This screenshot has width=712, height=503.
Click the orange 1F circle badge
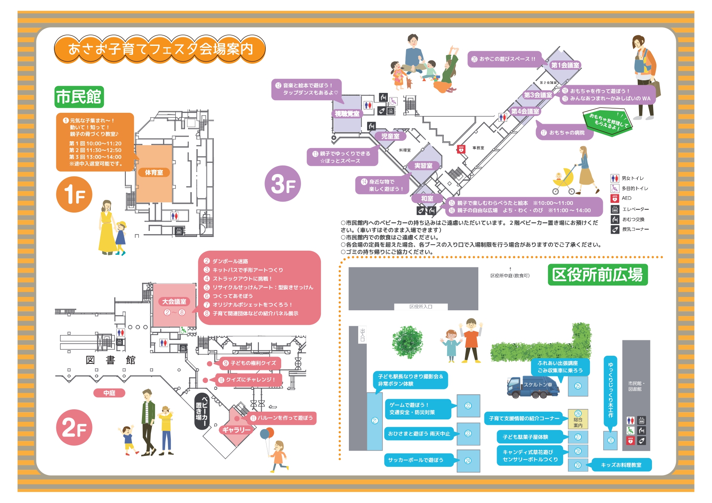pos(74,194)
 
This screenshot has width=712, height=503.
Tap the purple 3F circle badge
pos(282,183)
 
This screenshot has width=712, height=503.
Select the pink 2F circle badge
pos(74,428)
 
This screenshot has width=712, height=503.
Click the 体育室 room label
pos(154,172)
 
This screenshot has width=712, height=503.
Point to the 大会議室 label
pos(174,301)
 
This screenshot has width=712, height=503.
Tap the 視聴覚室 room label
pos(347,114)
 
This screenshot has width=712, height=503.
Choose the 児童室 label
pos(390,136)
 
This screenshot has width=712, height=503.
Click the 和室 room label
pos(427,198)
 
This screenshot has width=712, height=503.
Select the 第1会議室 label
pos(565,65)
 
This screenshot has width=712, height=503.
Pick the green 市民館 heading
pos(79,97)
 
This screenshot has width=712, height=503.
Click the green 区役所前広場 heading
pos(597,275)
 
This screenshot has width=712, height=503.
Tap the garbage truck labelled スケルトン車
pos(532,387)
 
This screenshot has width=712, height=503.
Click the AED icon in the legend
pos(615,198)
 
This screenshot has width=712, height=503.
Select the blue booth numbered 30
pos(611,440)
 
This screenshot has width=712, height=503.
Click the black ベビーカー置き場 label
pos(201,411)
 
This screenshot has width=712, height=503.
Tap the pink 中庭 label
pos(109,393)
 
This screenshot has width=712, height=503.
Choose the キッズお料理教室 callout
pos(621,465)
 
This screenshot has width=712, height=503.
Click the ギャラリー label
pos(236,430)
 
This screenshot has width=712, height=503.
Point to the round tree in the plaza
pos(407,342)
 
